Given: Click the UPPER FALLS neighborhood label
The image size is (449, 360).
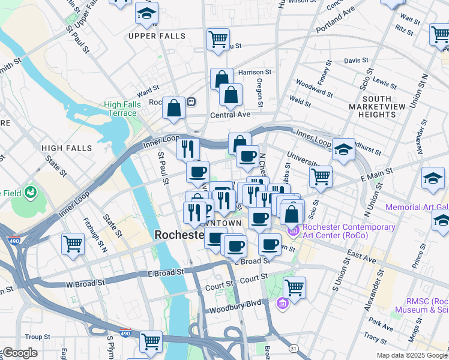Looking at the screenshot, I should click(157, 36).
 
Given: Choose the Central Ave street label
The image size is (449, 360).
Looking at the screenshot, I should click(229, 115).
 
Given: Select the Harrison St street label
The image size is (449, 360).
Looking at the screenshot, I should click(255, 72).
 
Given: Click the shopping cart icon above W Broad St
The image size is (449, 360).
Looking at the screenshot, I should click(73, 244).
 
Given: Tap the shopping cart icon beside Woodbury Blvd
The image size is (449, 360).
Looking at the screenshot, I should click(294, 287).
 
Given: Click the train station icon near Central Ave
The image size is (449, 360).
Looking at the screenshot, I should click(191, 101).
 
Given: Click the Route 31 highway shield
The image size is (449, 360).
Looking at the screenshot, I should click(292, 348).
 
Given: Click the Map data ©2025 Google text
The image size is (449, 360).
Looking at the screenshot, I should click(412, 355).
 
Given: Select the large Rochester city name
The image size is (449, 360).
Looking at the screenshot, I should click(180, 235).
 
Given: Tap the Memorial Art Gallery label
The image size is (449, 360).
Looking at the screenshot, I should click(417, 207).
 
